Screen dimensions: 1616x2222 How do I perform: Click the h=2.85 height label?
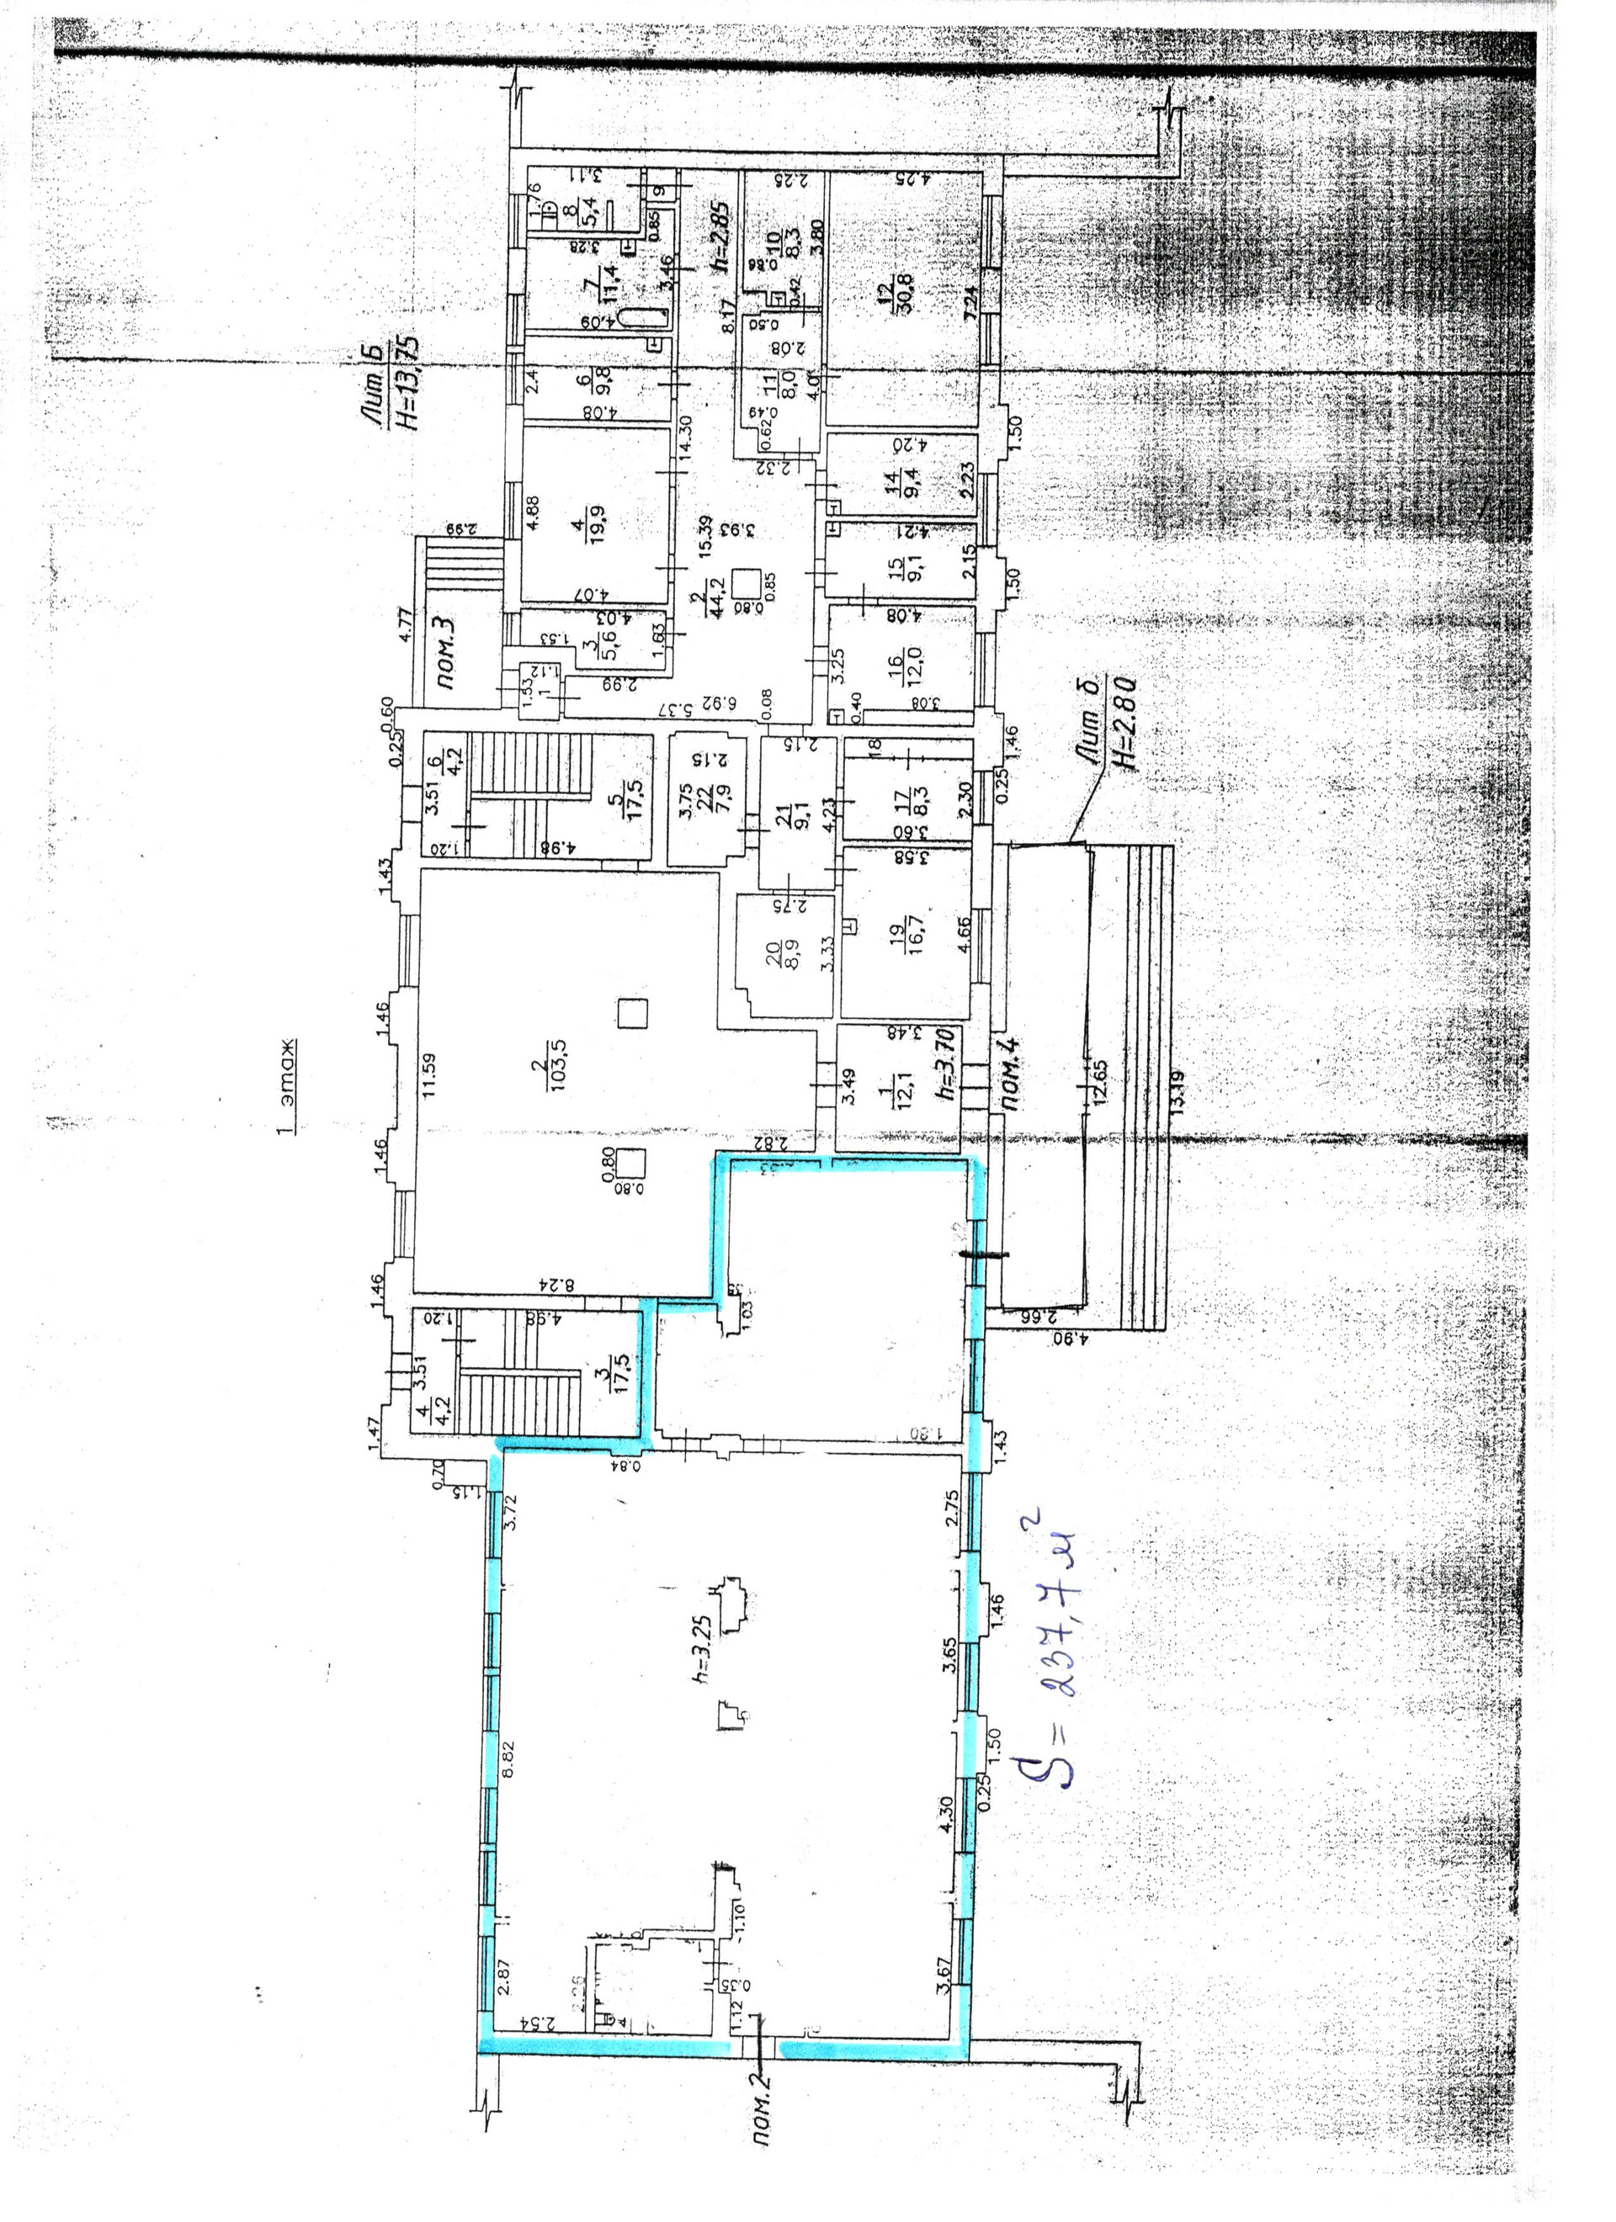coord(721,235)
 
